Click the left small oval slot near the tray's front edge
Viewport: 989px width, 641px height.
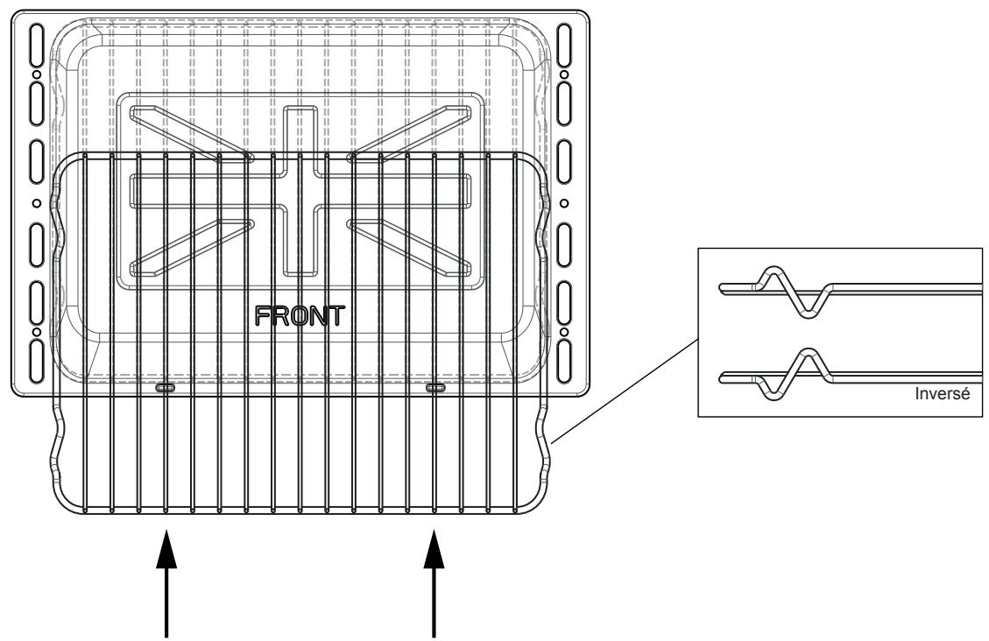(164, 387)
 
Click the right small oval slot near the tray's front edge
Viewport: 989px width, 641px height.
(434, 387)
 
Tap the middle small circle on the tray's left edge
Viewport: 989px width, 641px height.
(36, 203)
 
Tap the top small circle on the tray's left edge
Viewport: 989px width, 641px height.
(36, 75)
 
